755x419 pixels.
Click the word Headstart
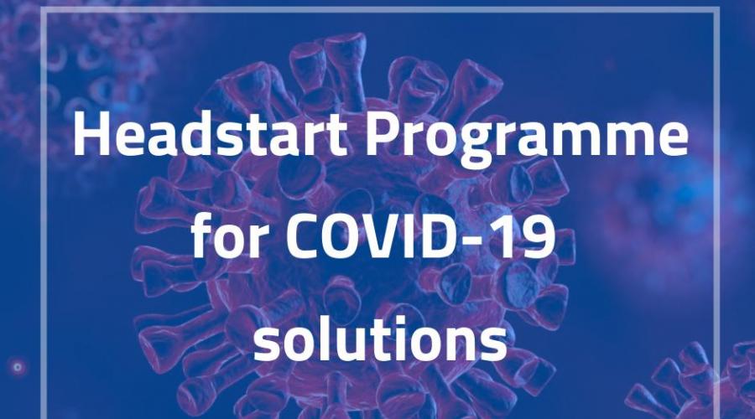(x=210, y=135)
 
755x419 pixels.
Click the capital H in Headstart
(x=91, y=135)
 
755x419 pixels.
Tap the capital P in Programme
(x=383, y=135)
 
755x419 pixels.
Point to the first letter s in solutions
(x=268, y=345)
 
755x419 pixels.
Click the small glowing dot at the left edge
(x=18, y=367)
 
